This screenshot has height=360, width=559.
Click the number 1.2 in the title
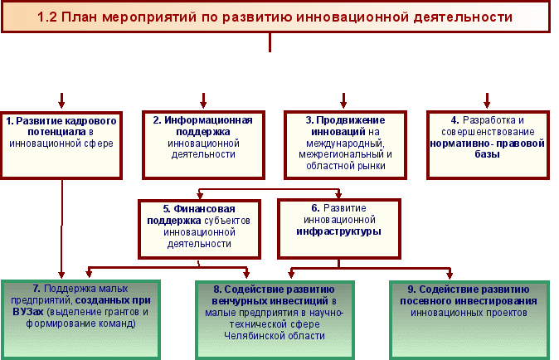(x=47, y=17)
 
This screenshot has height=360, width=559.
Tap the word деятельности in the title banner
(x=463, y=17)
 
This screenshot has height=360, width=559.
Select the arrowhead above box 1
(x=61, y=104)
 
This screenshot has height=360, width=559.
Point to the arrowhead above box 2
(x=203, y=104)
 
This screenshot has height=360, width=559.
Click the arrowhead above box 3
(x=343, y=104)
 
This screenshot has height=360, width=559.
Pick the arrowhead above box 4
(x=487, y=104)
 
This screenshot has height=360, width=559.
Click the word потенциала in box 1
(x=57, y=132)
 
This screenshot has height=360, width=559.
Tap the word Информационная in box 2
(x=208, y=120)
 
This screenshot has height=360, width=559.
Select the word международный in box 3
(x=345, y=144)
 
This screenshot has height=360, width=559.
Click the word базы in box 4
(x=487, y=154)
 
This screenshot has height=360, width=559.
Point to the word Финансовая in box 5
(x=204, y=209)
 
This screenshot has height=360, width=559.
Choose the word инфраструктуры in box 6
(x=338, y=231)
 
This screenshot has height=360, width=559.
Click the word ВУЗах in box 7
(x=28, y=312)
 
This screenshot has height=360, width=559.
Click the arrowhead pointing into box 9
(x=450, y=275)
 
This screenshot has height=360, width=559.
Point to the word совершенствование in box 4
(x=488, y=132)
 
